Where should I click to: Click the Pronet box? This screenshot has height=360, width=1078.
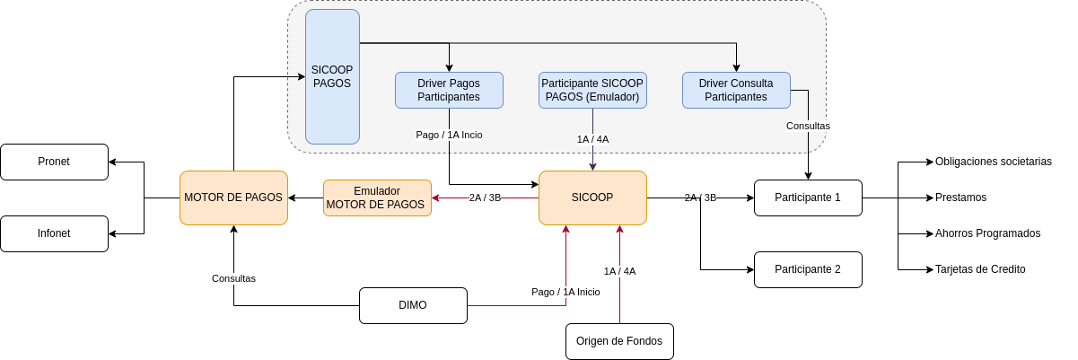[x=55, y=162]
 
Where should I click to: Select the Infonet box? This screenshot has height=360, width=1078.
[x=55, y=233]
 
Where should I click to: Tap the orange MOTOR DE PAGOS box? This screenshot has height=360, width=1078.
[x=233, y=198]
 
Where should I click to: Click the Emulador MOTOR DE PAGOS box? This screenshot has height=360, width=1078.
[x=377, y=198]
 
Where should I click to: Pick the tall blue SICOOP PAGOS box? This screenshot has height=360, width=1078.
[x=332, y=76]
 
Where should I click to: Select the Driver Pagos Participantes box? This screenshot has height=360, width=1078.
[x=449, y=90]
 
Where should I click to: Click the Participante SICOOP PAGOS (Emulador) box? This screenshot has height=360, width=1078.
[x=592, y=90]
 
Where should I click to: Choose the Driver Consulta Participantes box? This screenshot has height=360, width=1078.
[x=736, y=90]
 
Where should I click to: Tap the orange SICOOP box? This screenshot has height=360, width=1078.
[x=592, y=198]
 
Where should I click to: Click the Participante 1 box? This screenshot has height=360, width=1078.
[x=808, y=198]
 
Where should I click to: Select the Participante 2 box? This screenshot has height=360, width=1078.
[x=808, y=269]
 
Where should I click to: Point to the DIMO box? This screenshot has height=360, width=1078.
[x=413, y=305]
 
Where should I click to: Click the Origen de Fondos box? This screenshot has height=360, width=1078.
[x=619, y=341]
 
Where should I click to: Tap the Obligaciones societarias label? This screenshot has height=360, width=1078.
[x=994, y=162]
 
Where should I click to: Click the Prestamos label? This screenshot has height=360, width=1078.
[x=960, y=198]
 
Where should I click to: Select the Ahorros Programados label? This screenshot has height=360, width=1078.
[x=987, y=233]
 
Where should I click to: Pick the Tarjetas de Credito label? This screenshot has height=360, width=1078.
[x=980, y=269]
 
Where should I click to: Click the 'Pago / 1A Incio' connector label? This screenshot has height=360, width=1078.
[x=449, y=135]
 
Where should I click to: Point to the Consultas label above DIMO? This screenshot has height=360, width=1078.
[x=233, y=278]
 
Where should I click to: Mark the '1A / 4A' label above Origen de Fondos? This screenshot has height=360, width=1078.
[x=619, y=271]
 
